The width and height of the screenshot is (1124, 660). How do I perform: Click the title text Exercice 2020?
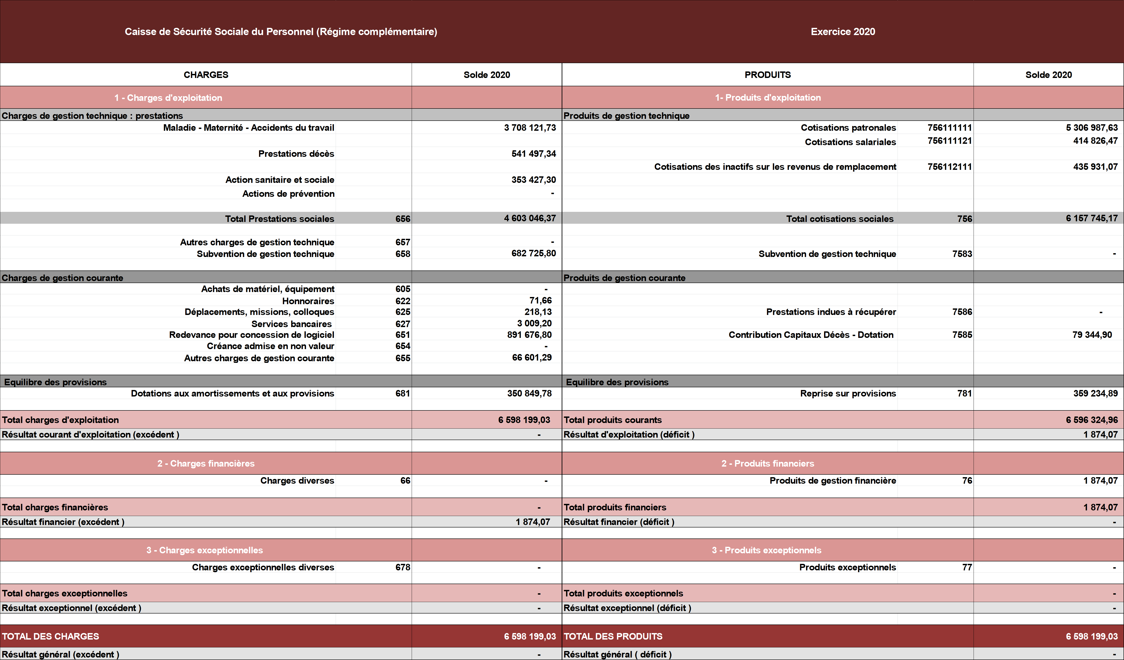click(x=842, y=32)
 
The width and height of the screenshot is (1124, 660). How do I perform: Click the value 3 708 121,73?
click(x=530, y=128)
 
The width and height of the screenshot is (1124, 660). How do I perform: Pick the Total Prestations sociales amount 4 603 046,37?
click(x=530, y=218)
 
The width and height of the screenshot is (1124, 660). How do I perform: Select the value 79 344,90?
click(x=1092, y=335)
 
